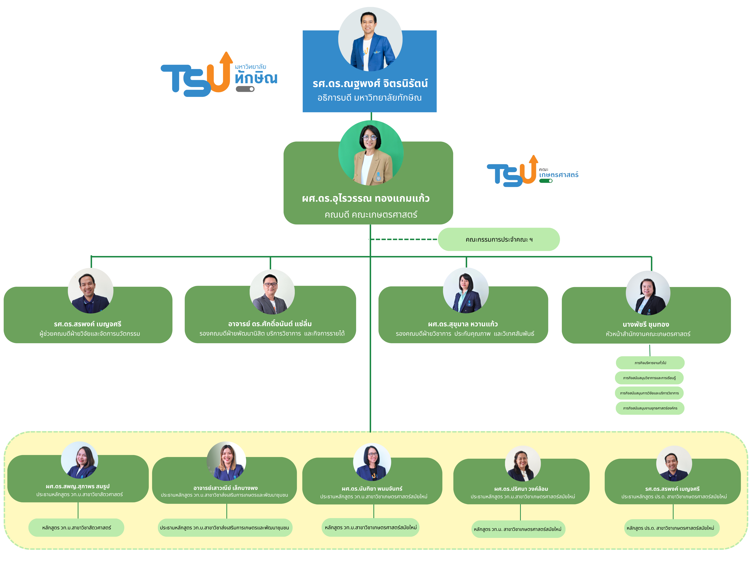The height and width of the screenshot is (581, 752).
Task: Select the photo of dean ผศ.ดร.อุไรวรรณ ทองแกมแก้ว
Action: (371, 153)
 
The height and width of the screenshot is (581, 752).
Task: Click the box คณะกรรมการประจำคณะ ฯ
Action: (499, 239)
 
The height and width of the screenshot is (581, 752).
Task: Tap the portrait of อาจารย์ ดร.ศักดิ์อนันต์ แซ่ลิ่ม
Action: (272, 292)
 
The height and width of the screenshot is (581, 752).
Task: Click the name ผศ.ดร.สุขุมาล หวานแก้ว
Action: (463, 324)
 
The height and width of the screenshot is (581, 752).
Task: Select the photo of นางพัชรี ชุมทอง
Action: (648, 293)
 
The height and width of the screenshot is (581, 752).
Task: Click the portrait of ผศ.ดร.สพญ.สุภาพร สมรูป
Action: (80, 460)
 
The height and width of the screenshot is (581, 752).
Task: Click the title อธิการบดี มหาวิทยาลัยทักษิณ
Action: (369, 98)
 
